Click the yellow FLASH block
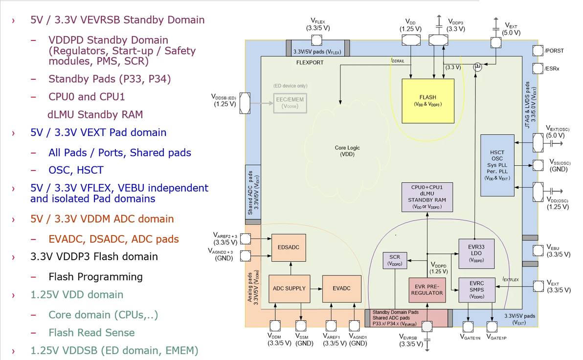click(x=428, y=101)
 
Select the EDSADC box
click(x=285, y=247)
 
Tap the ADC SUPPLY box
click(x=289, y=289)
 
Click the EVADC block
click(x=341, y=289)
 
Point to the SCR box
click(x=395, y=260)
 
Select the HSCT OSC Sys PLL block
click(x=496, y=165)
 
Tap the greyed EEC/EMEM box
click(x=290, y=102)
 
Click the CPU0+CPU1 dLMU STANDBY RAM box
click(x=427, y=197)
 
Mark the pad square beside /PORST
click(x=538, y=50)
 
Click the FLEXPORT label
click(x=310, y=63)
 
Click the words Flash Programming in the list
click(x=95, y=277)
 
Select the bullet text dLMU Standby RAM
click(x=95, y=115)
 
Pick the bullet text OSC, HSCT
click(x=76, y=170)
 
